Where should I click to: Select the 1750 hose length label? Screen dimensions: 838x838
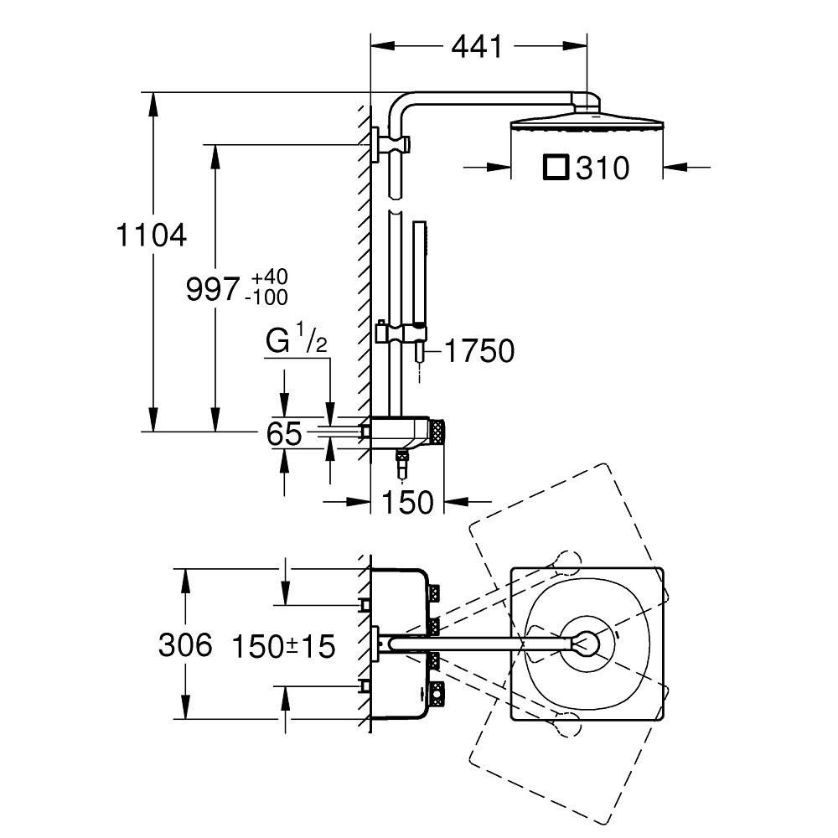tap(479, 352)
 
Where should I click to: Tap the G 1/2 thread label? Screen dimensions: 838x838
tap(295, 344)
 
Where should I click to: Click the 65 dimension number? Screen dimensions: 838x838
tap(283, 434)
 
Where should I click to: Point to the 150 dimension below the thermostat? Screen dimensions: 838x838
tap(407, 502)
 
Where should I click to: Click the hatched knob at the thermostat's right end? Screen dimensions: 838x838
tap(439, 431)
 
